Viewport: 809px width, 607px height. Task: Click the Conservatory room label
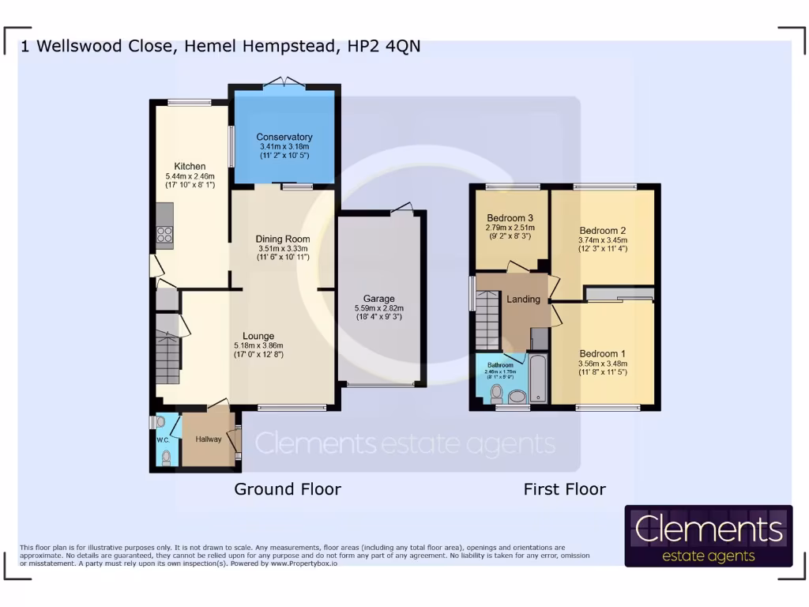coord(284,137)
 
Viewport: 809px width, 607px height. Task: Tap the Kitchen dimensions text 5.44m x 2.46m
coord(190,175)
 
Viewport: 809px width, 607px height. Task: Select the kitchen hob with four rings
coord(164,233)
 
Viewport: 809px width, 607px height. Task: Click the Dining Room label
coord(282,239)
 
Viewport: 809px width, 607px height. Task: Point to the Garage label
coord(379,299)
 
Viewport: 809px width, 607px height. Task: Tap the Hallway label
coord(209,439)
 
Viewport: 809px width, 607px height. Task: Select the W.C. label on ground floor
coord(163,439)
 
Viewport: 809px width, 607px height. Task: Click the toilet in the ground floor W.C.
coord(166,456)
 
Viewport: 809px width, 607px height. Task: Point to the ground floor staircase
coord(167,360)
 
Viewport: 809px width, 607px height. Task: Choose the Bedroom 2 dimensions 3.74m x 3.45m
coord(603,240)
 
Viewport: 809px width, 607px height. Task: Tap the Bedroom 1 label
coord(602,353)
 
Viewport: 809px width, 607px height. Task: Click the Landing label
coord(523,299)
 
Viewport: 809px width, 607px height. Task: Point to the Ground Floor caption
coord(288,489)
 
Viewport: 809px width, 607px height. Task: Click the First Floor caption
coord(564,489)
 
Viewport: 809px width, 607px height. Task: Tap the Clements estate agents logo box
coord(708,536)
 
